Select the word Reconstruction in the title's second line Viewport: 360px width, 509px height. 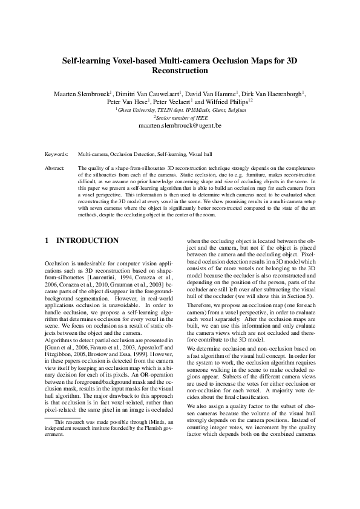(x=180, y=71)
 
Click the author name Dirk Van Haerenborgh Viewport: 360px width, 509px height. (x=273, y=94)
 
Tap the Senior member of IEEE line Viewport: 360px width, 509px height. (x=181, y=118)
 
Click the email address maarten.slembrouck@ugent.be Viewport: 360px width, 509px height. (x=180, y=126)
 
